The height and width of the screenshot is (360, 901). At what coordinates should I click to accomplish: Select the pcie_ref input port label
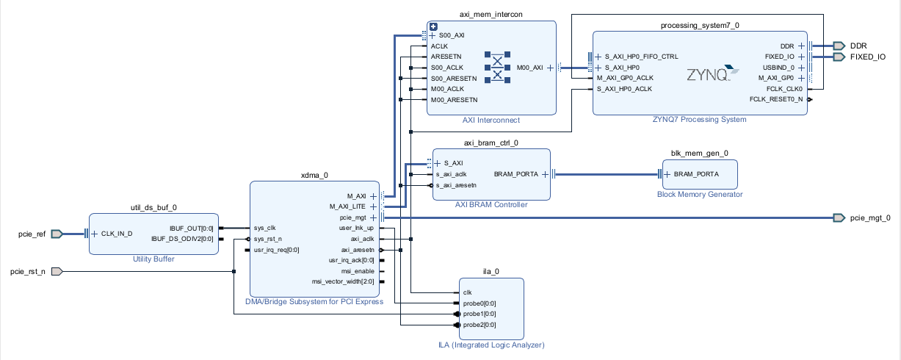[32, 234]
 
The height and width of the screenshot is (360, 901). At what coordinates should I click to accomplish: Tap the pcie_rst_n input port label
[28, 272]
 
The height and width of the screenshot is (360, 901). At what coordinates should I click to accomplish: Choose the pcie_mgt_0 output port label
[869, 217]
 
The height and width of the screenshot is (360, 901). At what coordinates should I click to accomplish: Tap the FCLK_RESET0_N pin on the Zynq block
[776, 99]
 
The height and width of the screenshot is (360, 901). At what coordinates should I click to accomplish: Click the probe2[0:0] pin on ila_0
[479, 325]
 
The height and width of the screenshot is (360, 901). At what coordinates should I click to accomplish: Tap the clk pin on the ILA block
[467, 292]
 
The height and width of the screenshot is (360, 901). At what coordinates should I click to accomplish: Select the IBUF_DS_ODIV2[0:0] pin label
[182, 239]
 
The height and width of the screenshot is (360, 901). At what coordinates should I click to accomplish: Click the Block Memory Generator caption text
[700, 194]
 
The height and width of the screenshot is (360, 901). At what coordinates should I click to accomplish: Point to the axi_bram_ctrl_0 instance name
[491, 143]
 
